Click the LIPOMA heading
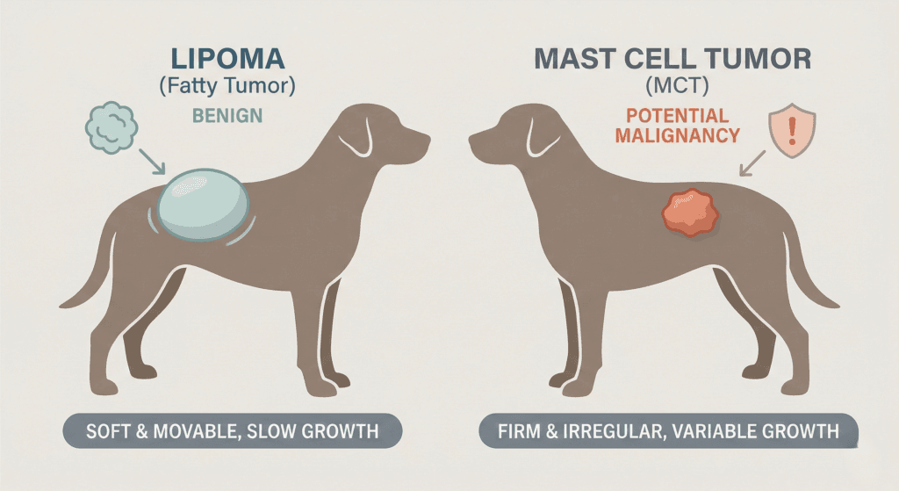(x=227, y=59)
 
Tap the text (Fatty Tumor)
(x=227, y=86)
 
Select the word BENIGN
(x=227, y=116)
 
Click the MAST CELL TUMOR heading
(x=672, y=59)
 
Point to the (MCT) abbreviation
(x=677, y=86)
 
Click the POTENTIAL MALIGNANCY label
(x=677, y=126)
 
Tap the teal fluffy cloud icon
(x=111, y=127)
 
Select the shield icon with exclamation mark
(x=792, y=130)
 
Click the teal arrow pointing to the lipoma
(x=152, y=162)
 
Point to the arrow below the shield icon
(x=752, y=163)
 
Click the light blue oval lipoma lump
(x=204, y=205)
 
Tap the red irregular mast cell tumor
(x=690, y=213)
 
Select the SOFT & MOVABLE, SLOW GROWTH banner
(x=232, y=430)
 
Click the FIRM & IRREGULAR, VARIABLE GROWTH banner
(x=668, y=430)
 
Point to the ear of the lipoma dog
(x=356, y=138)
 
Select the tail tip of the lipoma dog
(x=62, y=305)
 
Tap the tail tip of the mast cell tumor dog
(x=836, y=305)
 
